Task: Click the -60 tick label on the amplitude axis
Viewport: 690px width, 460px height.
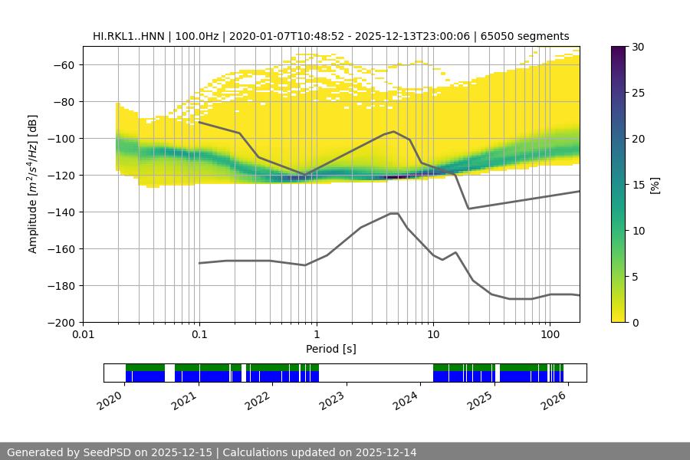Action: [63, 65]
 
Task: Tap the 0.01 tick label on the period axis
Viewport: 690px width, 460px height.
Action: [83, 335]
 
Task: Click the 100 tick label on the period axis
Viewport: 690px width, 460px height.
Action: [550, 335]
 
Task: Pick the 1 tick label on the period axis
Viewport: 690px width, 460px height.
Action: [316, 335]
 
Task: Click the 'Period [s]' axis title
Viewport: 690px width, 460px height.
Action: [331, 350]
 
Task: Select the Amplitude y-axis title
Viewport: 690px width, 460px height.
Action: [33, 184]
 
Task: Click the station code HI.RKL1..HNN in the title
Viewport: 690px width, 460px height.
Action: [129, 36]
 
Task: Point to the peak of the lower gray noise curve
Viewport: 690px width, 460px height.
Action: [394, 213]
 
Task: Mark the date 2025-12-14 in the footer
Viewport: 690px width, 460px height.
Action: [386, 452]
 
